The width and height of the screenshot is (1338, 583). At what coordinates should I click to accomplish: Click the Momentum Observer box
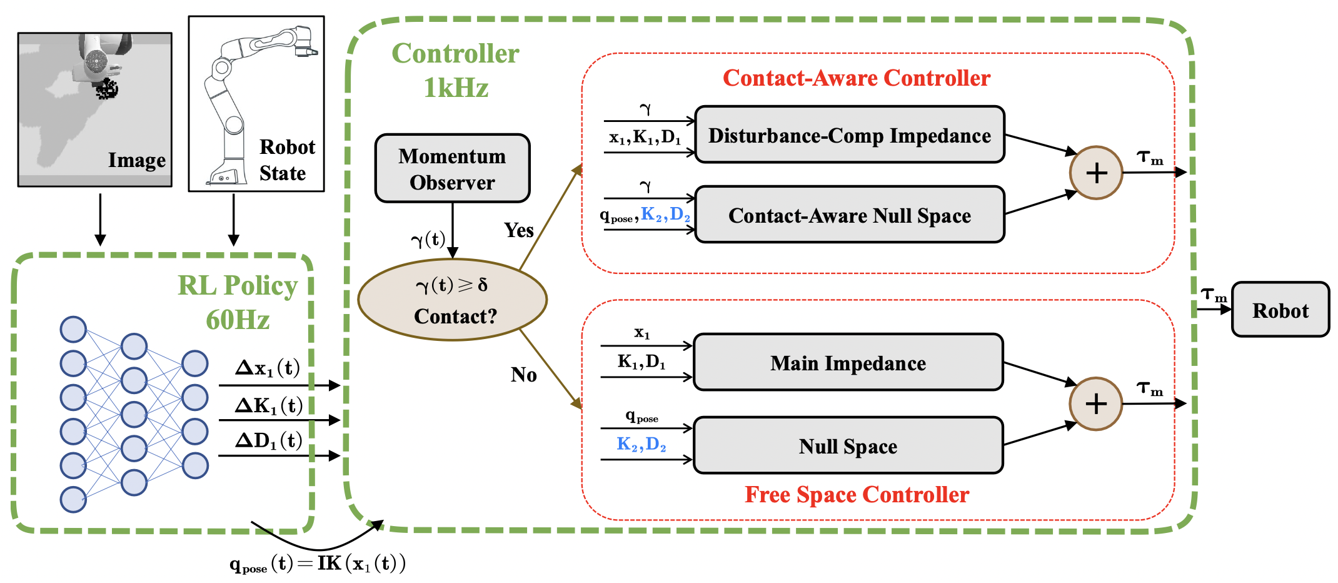pyautogui.click(x=452, y=168)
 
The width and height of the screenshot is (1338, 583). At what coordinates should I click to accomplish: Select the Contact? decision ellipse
pyautogui.click(x=452, y=300)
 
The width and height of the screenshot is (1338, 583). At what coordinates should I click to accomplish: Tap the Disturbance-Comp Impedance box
pyautogui.click(x=849, y=135)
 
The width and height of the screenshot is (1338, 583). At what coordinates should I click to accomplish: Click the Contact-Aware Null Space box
pyautogui.click(x=849, y=215)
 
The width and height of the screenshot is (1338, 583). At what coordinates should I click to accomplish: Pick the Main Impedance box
pyautogui.click(x=848, y=363)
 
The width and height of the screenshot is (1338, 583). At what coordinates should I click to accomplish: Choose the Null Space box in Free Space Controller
pyautogui.click(x=848, y=446)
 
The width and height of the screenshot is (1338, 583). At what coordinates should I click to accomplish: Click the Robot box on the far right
pyautogui.click(x=1280, y=310)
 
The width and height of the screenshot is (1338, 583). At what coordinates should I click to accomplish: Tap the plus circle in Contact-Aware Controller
pyautogui.click(x=1096, y=173)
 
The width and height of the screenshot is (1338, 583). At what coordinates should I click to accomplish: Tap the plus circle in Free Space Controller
pyautogui.click(x=1095, y=403)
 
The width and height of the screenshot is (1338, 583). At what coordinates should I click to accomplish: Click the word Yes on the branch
pyautogui.click(x=519, y=230)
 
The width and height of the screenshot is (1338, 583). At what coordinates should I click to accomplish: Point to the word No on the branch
pyautogui.click(x=523, y=375)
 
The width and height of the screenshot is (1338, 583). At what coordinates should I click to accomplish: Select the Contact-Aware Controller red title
pyautogui.click(x=856, y=78)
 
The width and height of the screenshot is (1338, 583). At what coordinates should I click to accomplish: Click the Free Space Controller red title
pyautogui.click(x=856, y=495)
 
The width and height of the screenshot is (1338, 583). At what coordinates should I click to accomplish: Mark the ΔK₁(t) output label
pyautogui.click(x=269, y=406)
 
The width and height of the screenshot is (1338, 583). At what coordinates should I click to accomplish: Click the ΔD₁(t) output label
pyautogui.click(x=269, y=441)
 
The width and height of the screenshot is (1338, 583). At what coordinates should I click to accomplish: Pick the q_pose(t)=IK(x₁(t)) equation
pyautogui.click(x=318, y=564)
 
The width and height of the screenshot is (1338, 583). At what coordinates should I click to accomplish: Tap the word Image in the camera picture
pyautogui.click(x=137, y=160)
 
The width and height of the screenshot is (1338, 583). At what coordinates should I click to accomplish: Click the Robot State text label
pyautogui.click(x=286, y=160)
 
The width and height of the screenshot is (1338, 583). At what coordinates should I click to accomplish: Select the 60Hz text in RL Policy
pyautogui.click(x=238, y=320)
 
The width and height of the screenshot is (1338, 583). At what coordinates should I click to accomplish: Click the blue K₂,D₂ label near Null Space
pyautogui.click(x=641, y=444)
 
